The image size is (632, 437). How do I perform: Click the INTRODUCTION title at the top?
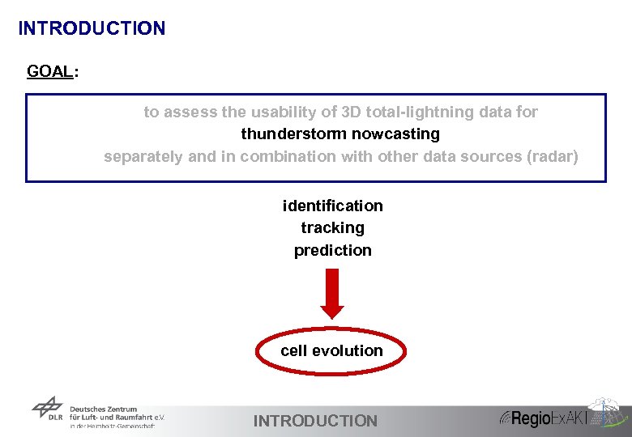(92, 28)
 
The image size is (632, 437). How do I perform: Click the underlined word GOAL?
(49, 71)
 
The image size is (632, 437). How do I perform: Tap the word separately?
(143, 156)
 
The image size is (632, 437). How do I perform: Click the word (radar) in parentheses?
(553, 156)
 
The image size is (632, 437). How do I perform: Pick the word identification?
(332, 206)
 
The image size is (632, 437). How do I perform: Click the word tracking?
(332, 228)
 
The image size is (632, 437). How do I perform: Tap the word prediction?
(332, 251)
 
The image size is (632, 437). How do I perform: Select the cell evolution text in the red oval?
(331, 350)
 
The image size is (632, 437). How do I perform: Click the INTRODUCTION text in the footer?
(315, 421)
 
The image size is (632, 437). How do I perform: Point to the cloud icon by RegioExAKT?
(607, 409)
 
